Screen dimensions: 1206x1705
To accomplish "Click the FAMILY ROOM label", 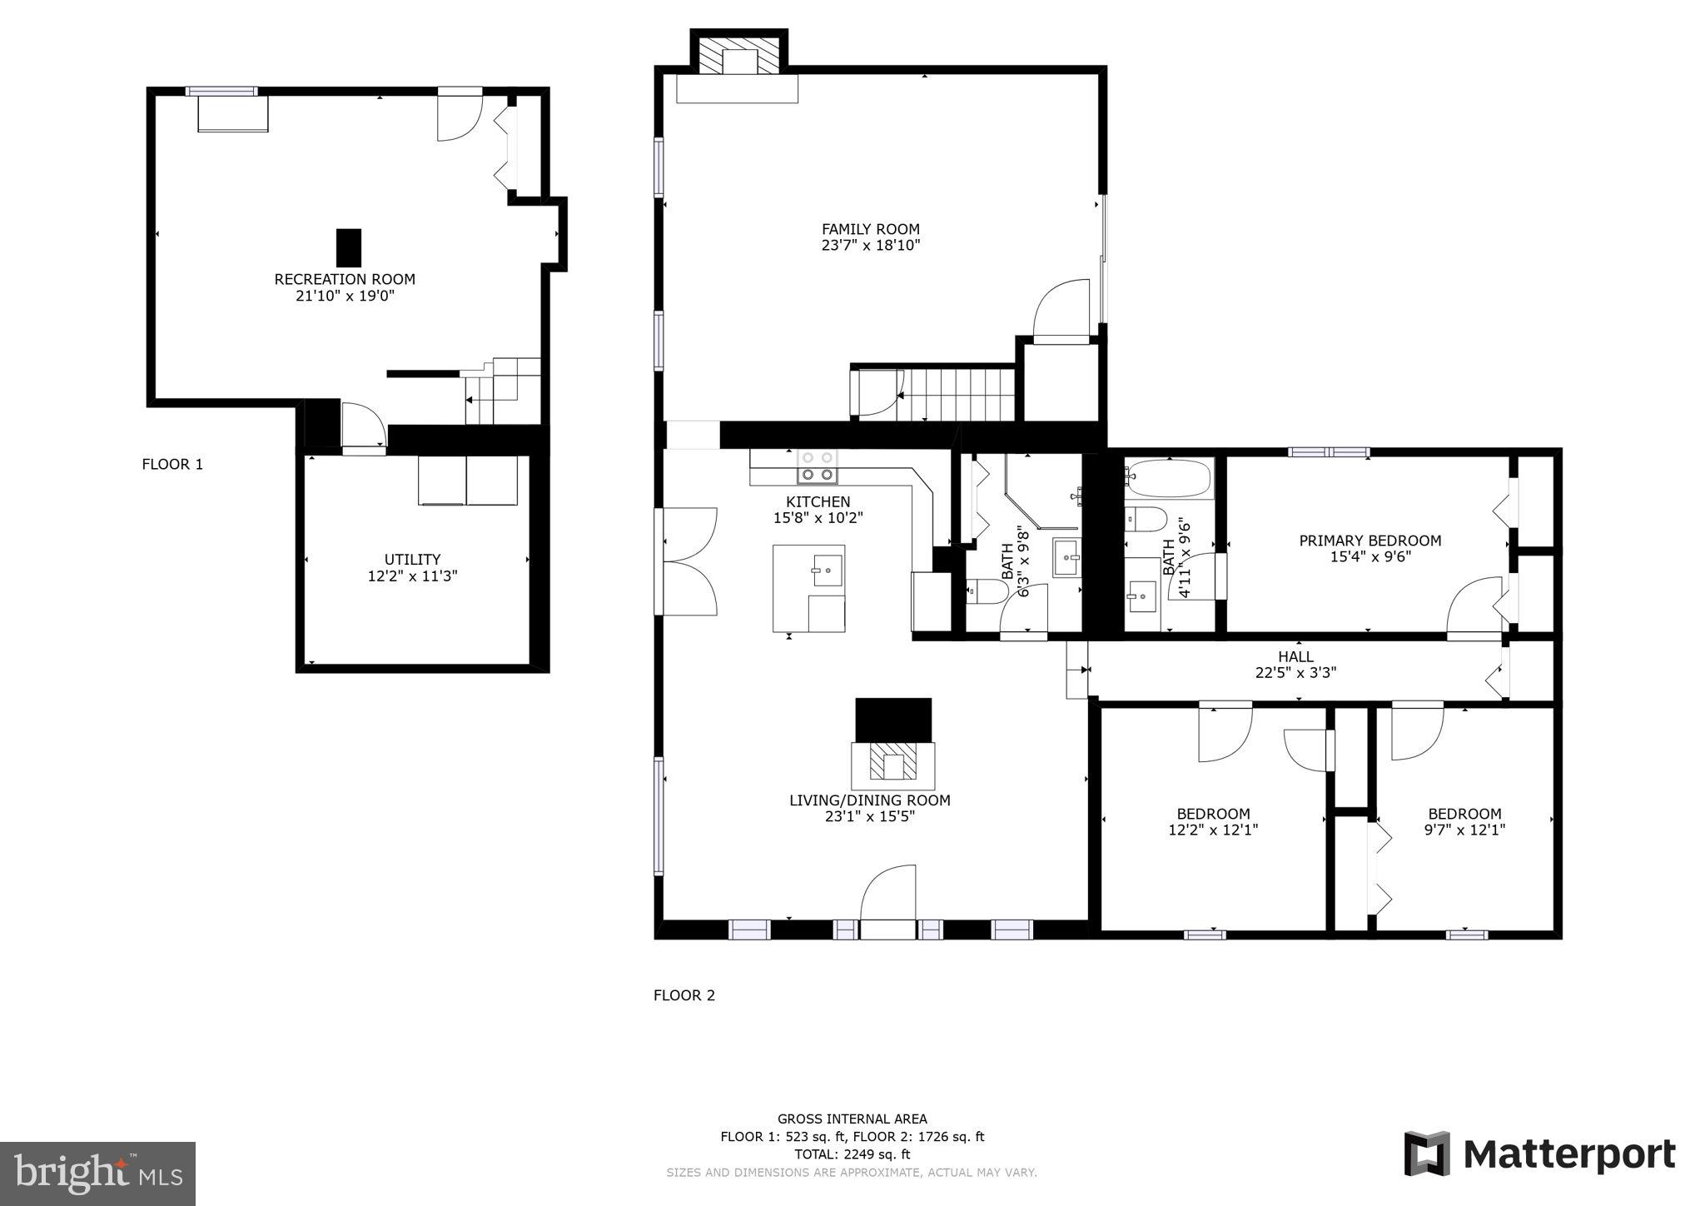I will coord(870,229).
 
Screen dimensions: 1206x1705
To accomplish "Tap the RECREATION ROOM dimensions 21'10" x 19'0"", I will coord(345,296).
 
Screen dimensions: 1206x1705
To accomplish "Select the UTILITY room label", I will coord(412,559).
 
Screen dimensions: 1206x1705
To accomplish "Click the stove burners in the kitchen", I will coord(818,467).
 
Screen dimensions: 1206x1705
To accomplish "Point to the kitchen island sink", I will coord(828,571).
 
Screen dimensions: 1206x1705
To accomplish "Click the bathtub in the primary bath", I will coord(1169,479).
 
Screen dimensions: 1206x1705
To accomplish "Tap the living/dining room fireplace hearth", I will coord(893,765).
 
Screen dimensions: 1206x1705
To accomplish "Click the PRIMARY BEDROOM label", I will coord(1369,541).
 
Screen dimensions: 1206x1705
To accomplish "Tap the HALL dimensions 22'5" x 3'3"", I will coord(1295,673).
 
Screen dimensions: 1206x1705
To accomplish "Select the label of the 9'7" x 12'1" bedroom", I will coord(1464,814).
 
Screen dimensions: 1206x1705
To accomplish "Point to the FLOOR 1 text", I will coord(172,465).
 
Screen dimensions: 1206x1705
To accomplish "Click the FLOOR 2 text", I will coord(683,995).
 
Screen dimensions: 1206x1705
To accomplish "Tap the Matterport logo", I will coord(1539,1154).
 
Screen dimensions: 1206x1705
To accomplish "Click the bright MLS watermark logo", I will coord(97,1174).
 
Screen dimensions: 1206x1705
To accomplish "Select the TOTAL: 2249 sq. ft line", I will coord(852,1154).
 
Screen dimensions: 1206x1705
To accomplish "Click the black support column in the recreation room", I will coord(349,247).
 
